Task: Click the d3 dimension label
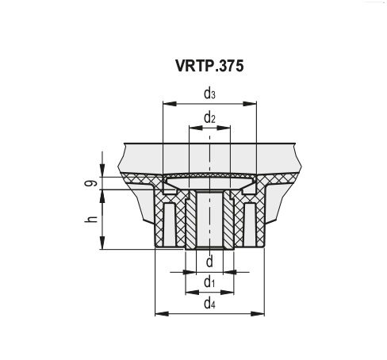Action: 209,94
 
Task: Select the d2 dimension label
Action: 209,118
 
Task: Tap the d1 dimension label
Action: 209,281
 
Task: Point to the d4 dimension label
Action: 209,303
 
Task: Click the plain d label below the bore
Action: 209,262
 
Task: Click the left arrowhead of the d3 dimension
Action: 166,103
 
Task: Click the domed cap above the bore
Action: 209,175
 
